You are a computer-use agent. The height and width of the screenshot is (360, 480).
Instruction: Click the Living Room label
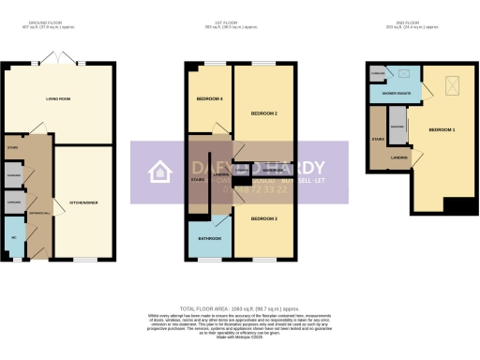click(59, 97)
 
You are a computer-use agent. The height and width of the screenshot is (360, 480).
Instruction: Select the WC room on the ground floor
click(13, 237)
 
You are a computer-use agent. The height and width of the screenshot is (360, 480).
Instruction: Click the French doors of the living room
click(68, 61)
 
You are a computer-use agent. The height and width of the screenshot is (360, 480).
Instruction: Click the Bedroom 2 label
click(263, 112)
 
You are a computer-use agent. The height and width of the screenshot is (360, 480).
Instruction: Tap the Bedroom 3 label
click(263, 218)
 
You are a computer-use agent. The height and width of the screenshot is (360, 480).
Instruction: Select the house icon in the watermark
click(159, 172)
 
